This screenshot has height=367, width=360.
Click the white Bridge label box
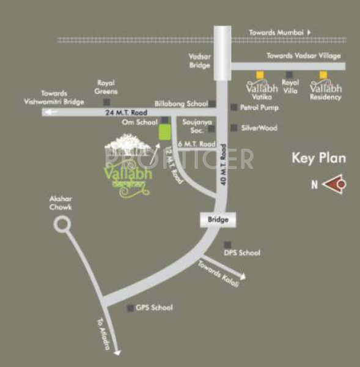coord(218,220)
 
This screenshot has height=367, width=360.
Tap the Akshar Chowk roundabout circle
coord(61,225)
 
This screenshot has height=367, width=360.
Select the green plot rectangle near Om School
coord(164,132)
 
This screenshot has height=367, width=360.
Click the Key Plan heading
coord(318,158)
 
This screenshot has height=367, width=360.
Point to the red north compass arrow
coord(334,183)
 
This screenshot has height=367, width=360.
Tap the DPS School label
coord(241,253)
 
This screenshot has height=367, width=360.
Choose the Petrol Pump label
coord(260,108)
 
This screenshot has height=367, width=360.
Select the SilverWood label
coord(260,128)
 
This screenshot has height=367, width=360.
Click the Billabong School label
coord(182,104)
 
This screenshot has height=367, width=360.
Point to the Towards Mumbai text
coord(277,31)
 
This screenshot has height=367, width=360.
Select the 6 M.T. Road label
coord(196,144)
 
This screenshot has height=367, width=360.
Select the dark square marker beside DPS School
coord(227,243)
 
